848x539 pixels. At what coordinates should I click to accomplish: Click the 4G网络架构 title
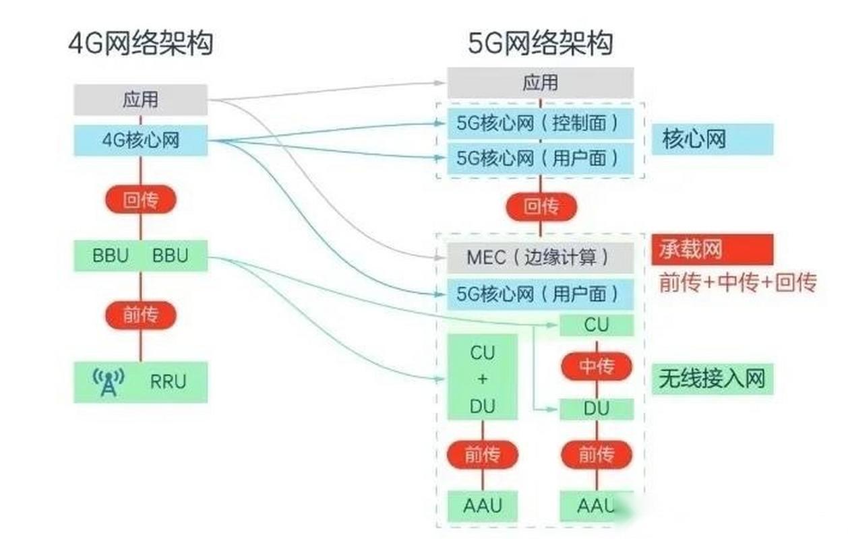(140, 44)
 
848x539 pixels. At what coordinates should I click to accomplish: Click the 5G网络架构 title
(541, 44)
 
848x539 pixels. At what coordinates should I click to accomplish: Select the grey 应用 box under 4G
(140, 100)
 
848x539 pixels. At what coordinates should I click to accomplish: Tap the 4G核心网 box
(140, 140)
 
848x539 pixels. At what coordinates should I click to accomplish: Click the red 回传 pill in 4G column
(140, 199)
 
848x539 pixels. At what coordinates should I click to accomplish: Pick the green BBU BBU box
(140, 256)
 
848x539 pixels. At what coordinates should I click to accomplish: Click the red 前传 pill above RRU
(140, 315)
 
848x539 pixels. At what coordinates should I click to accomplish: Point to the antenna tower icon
(108, 382)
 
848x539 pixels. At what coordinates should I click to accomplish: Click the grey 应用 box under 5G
(540, 83)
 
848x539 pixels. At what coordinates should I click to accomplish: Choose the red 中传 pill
(597, 367)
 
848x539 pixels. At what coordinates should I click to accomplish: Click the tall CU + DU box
(483, 378)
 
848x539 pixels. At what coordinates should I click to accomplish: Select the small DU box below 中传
(597, 408)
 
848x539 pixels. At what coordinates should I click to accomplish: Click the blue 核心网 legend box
(711, 140)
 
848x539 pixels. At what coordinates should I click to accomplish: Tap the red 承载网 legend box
(711, 249)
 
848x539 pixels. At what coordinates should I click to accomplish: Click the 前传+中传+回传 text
(737, 283)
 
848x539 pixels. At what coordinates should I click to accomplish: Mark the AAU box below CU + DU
(483, 505)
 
